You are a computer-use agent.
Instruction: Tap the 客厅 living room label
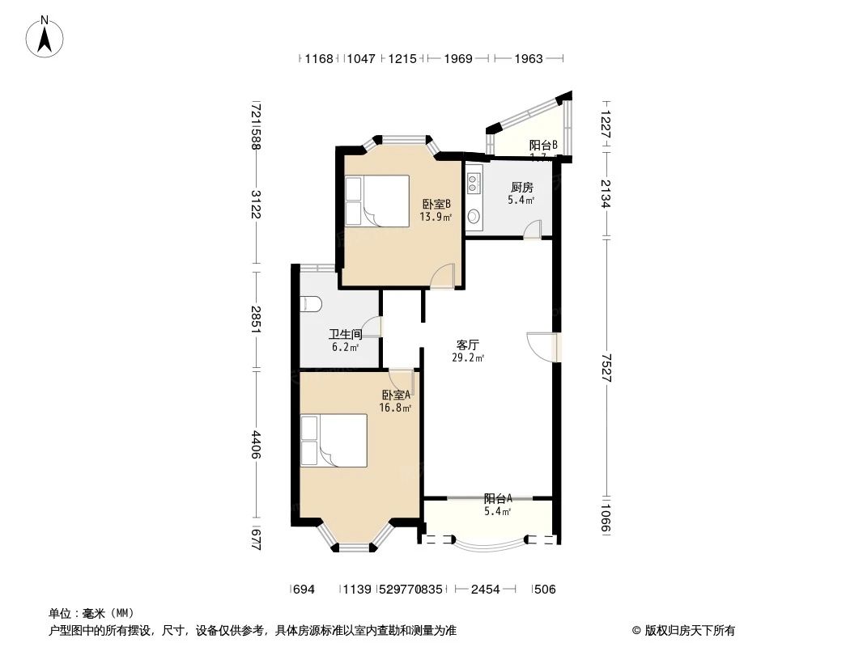tap(467, 344)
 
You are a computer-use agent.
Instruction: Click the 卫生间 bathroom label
tap(344, 335)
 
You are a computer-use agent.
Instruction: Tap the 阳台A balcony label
tap(497, 499)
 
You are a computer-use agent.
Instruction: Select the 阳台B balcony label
tap(542, 146)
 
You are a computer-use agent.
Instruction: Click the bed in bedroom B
tap(376, 201)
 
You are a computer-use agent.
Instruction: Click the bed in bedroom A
tap(333, 441)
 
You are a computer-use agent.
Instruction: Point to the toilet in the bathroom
tap(310, 304)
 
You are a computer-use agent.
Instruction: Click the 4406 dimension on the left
tap(256, 444)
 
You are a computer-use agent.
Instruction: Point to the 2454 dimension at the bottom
tap(485, 590)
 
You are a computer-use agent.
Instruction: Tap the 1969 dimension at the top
tap(457, 59)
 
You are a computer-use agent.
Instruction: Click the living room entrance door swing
tap(539, 346)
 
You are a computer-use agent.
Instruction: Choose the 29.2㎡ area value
tap(468, 357)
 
